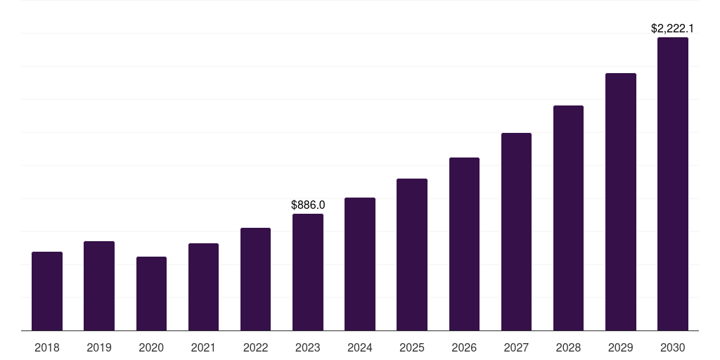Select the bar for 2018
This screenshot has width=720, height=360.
coord(47,291)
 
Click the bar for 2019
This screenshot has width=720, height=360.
coord(99,286)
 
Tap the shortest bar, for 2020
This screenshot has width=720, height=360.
coord(151,294)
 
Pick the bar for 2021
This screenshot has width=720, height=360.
coord(203,287)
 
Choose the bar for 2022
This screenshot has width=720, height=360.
coord(255,279)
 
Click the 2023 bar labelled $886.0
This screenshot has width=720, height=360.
coord(308,272)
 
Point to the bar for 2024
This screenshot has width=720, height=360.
coord(360,264)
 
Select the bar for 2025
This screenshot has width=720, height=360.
coord(412,255)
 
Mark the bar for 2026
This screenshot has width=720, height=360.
coord(464,244)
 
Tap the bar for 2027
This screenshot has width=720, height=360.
coord(516,232)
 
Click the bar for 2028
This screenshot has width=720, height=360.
coord(568,218)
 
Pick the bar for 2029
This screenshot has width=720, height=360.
coord(621,202)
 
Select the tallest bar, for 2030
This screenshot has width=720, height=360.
coord(673,184)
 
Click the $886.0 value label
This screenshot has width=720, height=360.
coord(308,205)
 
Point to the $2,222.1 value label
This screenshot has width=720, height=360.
coord(673,29)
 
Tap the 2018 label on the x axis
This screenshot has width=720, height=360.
coord(47,347)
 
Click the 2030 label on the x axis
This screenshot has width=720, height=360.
coord(673,347)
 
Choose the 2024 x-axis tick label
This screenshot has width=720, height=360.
coord(360,347)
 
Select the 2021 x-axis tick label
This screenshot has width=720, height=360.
coord(203,347)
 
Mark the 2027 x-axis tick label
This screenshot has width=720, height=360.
coord(516,347)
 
